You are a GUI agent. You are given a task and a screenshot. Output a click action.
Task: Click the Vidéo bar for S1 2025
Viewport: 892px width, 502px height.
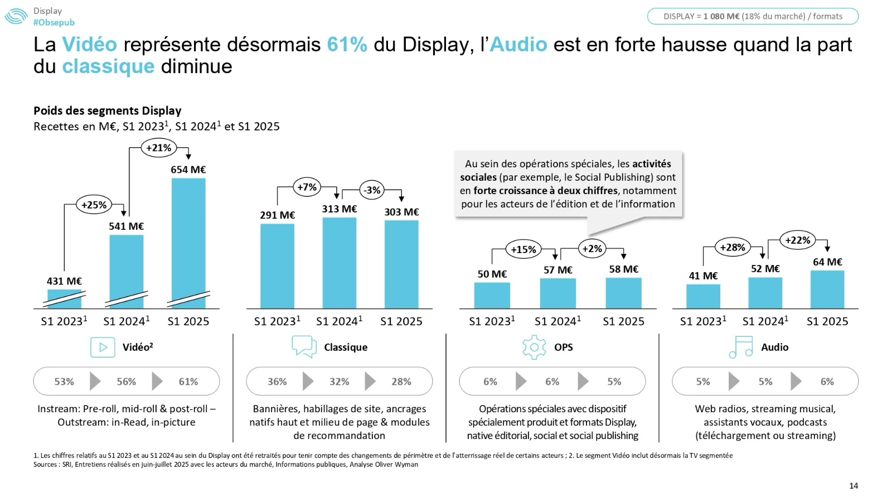[x=188, y=243]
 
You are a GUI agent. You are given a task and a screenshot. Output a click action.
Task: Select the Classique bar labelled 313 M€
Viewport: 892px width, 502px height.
[x=339, y=263]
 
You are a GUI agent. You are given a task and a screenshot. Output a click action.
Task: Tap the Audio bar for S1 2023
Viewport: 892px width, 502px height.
[x=703, y=296]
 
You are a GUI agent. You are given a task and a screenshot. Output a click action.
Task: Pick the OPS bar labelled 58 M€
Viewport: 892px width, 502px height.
[x=623, y=293]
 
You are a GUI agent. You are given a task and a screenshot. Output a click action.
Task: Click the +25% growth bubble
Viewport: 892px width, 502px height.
[x=94, y=205]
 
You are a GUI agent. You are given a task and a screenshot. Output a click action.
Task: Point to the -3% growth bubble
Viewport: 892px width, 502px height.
[x=372, y=190]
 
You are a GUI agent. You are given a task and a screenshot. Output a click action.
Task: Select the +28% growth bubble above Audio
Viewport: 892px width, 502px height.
[x=732, y=247]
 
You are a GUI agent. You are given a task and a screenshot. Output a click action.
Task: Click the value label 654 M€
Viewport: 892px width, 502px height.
[x=188, y=170]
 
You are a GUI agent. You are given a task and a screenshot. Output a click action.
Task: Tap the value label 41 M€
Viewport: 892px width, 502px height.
[x=703, y=276]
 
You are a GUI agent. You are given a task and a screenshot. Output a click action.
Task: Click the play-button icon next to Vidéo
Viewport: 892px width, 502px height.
[x=103, y=347]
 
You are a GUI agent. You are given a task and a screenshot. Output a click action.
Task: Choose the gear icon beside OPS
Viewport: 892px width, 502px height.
[x=534, y=347]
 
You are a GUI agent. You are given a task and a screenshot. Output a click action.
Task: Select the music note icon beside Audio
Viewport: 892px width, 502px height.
[x=740, y=347]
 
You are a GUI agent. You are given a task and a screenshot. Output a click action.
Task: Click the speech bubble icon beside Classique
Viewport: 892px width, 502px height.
[x=304, y=346]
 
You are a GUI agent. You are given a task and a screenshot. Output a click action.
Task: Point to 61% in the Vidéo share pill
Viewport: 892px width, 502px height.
[x=188, y=382]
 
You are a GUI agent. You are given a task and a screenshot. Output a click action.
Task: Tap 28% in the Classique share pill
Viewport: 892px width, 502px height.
[x=401, y=382]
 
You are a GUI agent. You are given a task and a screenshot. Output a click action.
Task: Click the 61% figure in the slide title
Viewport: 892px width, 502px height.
[x=347, y=45]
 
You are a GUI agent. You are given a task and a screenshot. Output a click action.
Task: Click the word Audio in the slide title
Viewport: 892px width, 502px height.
[x=518, y=45]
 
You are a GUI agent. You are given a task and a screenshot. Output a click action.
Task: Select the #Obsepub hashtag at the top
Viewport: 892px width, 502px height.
[x=54, y=22]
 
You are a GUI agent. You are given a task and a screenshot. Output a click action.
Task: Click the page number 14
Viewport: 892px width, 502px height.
[x=854, y=486]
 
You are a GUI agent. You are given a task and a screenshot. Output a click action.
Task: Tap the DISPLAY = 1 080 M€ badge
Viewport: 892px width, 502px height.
[x=753, y=16]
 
